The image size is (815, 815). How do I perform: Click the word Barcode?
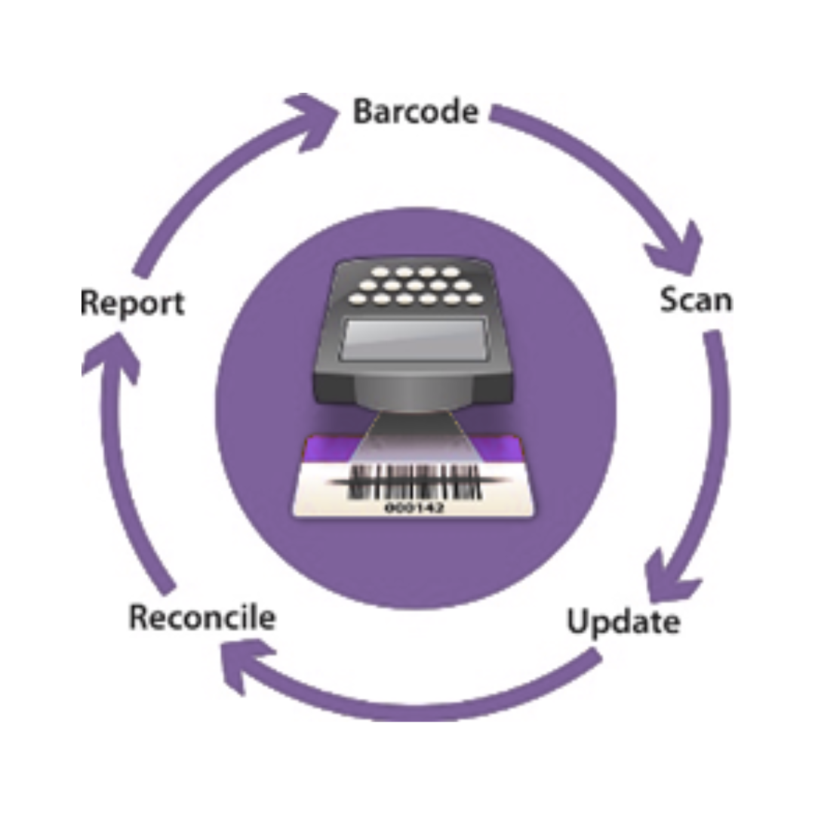click(x=416, y=112)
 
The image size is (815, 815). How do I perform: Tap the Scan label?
click(x=696, y=300)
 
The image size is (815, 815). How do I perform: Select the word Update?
click(x=623, y=622)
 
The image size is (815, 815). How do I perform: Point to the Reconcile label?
click(x=201, y=617)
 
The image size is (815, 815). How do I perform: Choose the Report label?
click(x=132, y=303)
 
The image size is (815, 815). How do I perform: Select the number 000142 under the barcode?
click(x=414, y=508)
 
